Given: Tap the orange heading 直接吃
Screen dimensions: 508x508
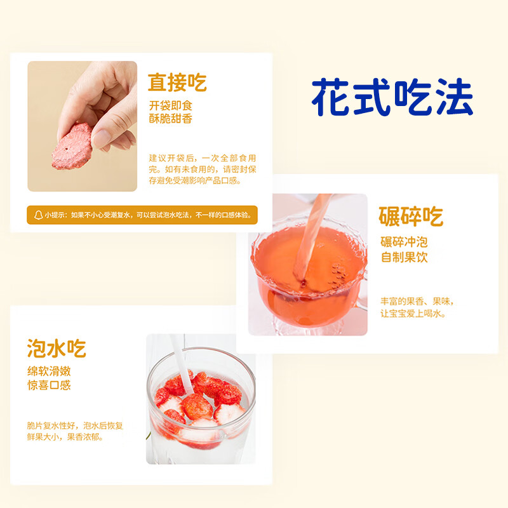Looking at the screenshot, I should point(177,83).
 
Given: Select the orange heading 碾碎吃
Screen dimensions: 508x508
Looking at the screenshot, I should point(410,217).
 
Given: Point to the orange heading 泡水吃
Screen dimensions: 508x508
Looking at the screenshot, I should point(57,348).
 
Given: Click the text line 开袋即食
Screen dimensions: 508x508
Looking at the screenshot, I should point(170,105).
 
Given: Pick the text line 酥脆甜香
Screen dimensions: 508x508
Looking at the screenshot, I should point(170,119).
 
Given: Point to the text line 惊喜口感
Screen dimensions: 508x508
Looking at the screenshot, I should point(48,385).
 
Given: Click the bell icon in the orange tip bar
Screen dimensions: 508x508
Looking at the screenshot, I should point(37,215).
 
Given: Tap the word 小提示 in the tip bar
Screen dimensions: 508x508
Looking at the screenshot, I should point(55,215).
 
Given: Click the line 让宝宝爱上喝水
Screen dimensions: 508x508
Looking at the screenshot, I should point(413,314).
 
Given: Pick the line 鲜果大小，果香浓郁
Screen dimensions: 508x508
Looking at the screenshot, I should point(65,437).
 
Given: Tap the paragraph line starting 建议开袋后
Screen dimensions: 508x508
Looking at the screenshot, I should point(203,157).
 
